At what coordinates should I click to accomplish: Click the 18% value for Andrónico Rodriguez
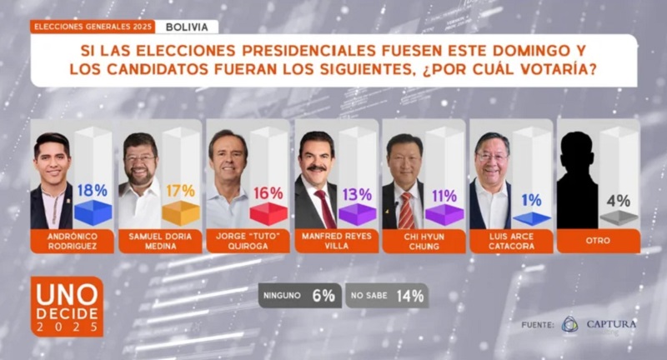[93, 190]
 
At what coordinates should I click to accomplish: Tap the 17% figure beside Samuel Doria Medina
[181, 192]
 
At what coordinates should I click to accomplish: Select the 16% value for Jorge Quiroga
[268, 193]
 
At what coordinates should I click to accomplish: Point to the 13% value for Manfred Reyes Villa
[357, 195]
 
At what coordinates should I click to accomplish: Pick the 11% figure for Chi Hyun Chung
[444, 196]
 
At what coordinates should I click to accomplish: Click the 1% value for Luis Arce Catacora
[531, 200]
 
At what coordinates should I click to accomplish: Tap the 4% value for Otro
[619, 200]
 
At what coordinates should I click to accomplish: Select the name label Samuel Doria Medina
[159, 242]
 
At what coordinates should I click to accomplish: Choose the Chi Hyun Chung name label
[423, 242]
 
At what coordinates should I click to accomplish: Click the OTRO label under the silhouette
[598, 242]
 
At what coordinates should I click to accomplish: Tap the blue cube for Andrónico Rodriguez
[93, 212]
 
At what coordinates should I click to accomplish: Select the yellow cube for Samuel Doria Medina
[181, 214]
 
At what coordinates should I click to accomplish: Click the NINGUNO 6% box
[299, 295]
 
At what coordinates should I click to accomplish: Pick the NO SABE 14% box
[386, 295]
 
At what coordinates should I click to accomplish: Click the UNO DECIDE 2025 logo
[68, 306]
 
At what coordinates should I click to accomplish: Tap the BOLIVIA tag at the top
[187, 27]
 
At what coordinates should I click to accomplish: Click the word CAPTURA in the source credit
[611, 323]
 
